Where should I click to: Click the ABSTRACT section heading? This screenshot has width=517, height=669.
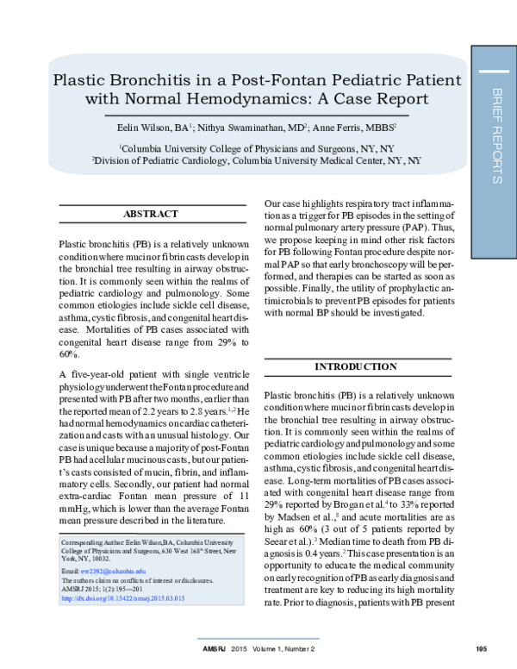click(x=151, y=214)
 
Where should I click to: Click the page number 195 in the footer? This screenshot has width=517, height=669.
click(x=481, y=648)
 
